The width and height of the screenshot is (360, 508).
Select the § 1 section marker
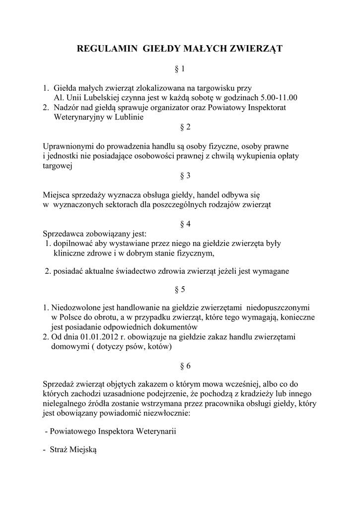[180, 68]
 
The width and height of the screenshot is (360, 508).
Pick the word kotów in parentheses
[159, 347]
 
